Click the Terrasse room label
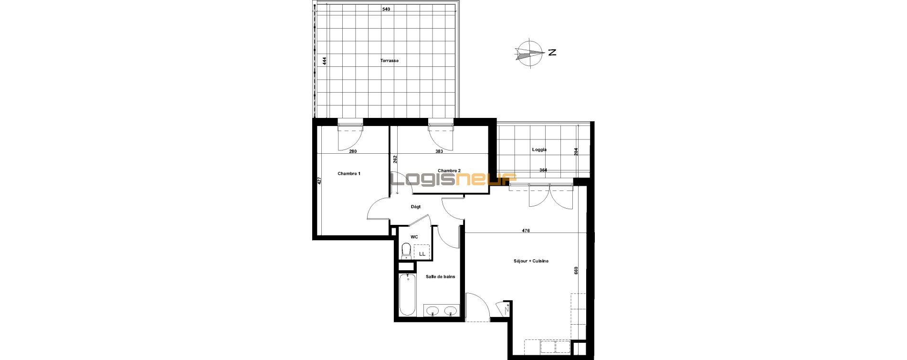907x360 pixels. (x=389, y=61)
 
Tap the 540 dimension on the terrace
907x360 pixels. (x=387, y=9)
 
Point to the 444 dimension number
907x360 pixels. (x=324, y=61)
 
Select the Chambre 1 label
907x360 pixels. (x=349, y=173)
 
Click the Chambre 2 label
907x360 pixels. (x=449, y=170)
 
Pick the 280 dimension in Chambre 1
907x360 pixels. (x=353, y=151)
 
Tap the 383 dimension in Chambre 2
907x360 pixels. (x=439, y=151)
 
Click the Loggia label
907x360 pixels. (x=539, y=149)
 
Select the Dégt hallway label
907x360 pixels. (x=416, y=207)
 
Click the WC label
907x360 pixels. (x=414, y=237)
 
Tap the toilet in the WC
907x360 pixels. (x=406, y=251)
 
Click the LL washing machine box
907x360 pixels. (x=422, y=252)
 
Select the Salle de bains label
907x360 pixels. (x=441, y=276)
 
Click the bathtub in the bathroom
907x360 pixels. (x=407, y=295)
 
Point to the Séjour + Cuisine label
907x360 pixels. (x=531, y=261)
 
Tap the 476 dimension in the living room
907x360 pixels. (x=526, y=231)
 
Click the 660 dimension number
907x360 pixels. (x=576, y=270)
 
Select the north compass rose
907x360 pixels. (x=529, y=53)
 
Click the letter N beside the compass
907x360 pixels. (x=552, y=53)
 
